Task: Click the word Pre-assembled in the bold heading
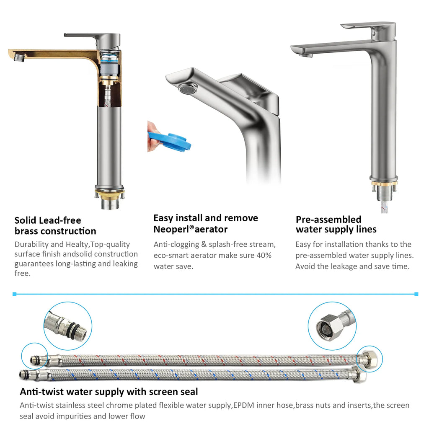point(328,220)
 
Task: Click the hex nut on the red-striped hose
point(367,359)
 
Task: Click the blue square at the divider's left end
point(15,294)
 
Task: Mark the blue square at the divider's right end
point(416,294)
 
